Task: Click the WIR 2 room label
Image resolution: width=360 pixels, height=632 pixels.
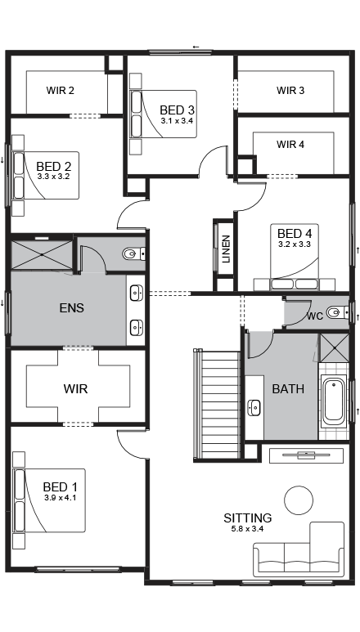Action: click(61, 91)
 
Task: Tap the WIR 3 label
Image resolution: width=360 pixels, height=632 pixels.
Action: click(290, 91)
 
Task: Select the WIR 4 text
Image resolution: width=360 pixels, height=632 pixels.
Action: click(290, 145)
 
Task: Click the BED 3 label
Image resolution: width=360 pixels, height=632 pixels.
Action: click(177, 110)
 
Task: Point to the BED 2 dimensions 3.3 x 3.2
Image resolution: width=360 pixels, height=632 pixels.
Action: click(53, 176)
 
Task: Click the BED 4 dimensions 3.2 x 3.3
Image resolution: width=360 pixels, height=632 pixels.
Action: click(295, 244)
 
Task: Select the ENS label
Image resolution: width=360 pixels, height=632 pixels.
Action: click(72, 309)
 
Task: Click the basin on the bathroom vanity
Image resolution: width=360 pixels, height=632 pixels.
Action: click(254, 406)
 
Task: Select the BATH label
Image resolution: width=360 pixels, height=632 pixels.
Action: click(288, 389)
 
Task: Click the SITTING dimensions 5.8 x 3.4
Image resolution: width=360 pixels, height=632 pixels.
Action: click(248, 529)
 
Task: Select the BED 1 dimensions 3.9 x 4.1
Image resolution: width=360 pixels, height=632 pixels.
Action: click(60, 498)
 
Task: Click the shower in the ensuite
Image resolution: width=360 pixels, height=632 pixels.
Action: click(41, 253)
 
